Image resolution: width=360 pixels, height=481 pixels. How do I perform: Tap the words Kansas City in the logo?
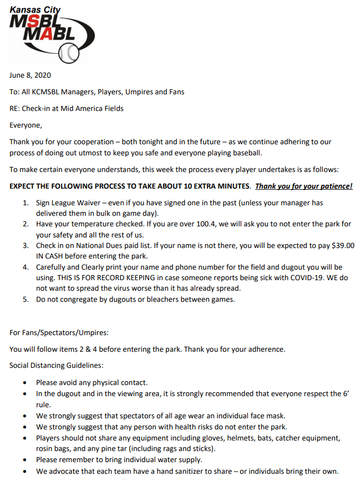(x=37, y=9)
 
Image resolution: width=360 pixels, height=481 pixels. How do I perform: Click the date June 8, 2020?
(x=30, y=75)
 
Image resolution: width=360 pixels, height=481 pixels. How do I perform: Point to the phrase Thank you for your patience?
(x=304, y=186)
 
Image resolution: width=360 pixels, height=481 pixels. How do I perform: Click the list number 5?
(x=26, y=300)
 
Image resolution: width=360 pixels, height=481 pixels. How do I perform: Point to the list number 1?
(x=26, y=202)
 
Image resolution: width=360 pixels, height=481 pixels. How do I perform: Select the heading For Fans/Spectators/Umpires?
(x=59, y=333)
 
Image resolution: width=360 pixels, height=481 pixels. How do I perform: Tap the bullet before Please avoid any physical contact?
(x=26, y=383)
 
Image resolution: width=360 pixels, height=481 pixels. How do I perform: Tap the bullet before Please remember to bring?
(x=26, y=460)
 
